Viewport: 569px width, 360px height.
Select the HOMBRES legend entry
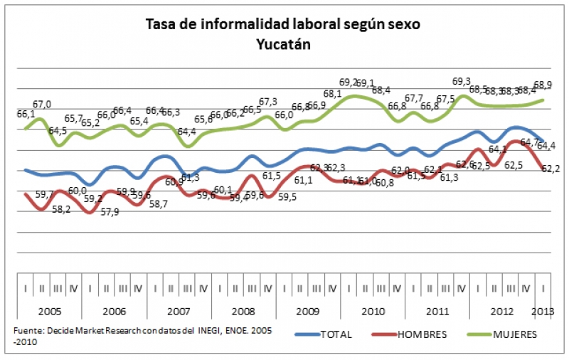coord(423,334)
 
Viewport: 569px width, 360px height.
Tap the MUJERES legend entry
coord(514,334)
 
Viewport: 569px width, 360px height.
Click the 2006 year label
coord(114,311)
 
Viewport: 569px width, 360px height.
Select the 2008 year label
coord(243,311)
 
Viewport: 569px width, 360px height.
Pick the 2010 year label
coord(373,311)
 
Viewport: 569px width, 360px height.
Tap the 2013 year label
coord(544,311)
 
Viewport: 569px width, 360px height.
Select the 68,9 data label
coord(544,85)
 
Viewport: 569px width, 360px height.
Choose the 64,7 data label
coord(530,142)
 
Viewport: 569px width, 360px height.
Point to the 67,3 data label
coord(267,102)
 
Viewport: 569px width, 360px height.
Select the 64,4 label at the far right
coord(546,146)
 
